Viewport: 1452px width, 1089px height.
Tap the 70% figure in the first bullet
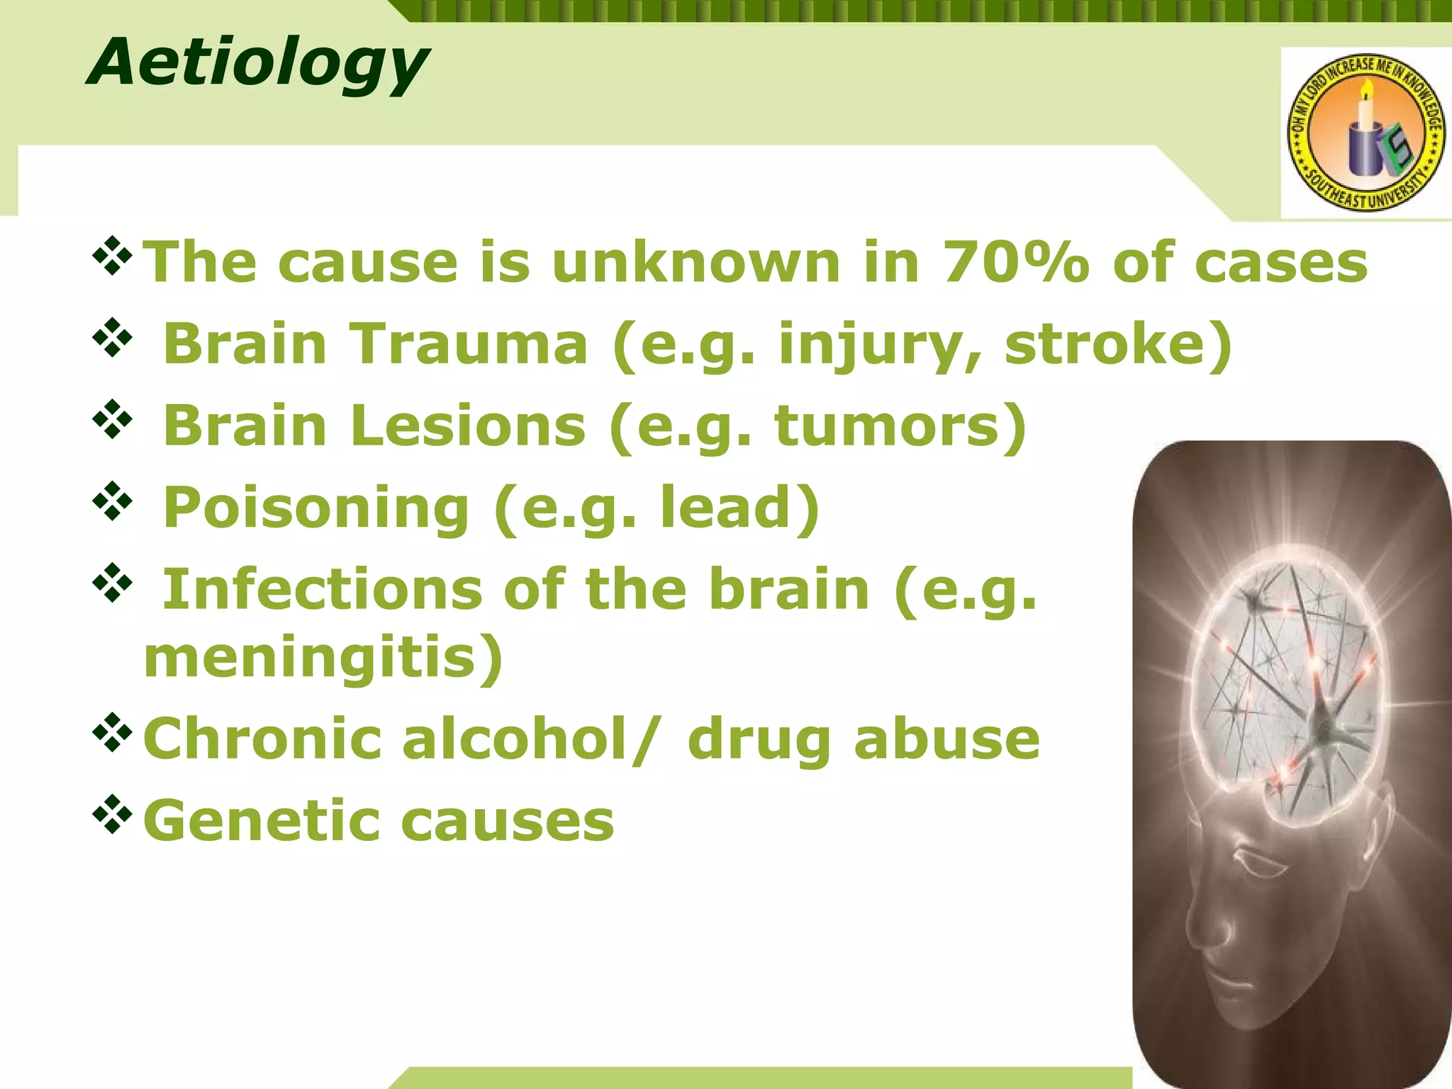(1015, 263)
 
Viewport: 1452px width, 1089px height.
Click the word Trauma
(469, 345)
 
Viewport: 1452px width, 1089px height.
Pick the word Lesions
(467, 426)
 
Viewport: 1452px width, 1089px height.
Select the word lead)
(740, 508)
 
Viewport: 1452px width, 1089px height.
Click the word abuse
(946, 739)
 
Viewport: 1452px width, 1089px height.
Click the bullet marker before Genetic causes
(112, 815)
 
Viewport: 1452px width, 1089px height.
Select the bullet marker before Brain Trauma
(112, 339)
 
